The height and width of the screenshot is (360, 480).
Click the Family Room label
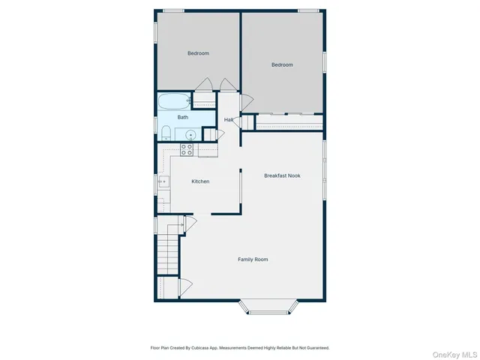(x=253, y=259)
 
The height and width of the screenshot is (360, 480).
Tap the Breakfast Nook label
(x=282, y=175)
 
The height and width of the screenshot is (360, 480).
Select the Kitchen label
(x=200, y=181)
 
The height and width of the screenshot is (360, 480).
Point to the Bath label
(x=183, y=117)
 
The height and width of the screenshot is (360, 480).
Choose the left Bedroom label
(x=198, y=53)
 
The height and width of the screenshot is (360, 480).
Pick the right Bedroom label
(x=282, y=65)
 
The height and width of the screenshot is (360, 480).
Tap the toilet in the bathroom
(x=165, y=133)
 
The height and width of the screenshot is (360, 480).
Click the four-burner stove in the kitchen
(x=187, y=150)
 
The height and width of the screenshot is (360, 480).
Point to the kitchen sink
(x=163, y=181)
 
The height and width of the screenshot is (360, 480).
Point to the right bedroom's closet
(x=289, y=121)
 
